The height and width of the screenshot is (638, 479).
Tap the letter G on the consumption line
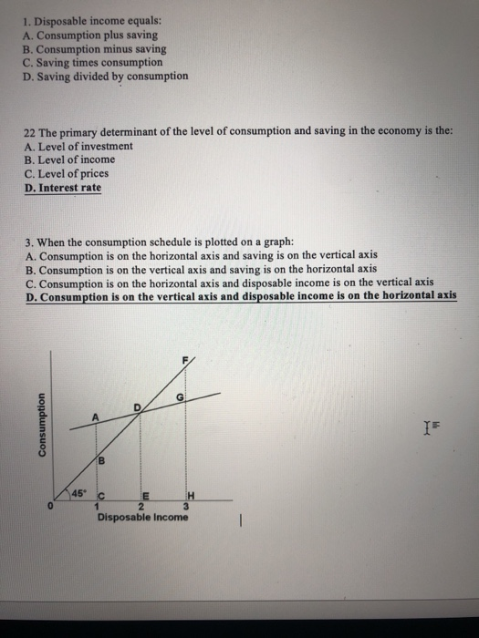(181, 397)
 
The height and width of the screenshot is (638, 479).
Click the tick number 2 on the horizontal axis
(140, 507)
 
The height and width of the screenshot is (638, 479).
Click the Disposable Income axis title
(143, 518)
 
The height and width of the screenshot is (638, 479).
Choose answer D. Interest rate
(63, 188)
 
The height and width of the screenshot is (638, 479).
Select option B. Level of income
(69, 159)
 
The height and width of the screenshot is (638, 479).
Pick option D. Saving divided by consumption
(107, 76)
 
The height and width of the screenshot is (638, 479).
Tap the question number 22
(28, 132)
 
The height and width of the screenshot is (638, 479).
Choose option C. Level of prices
(68, 173)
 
